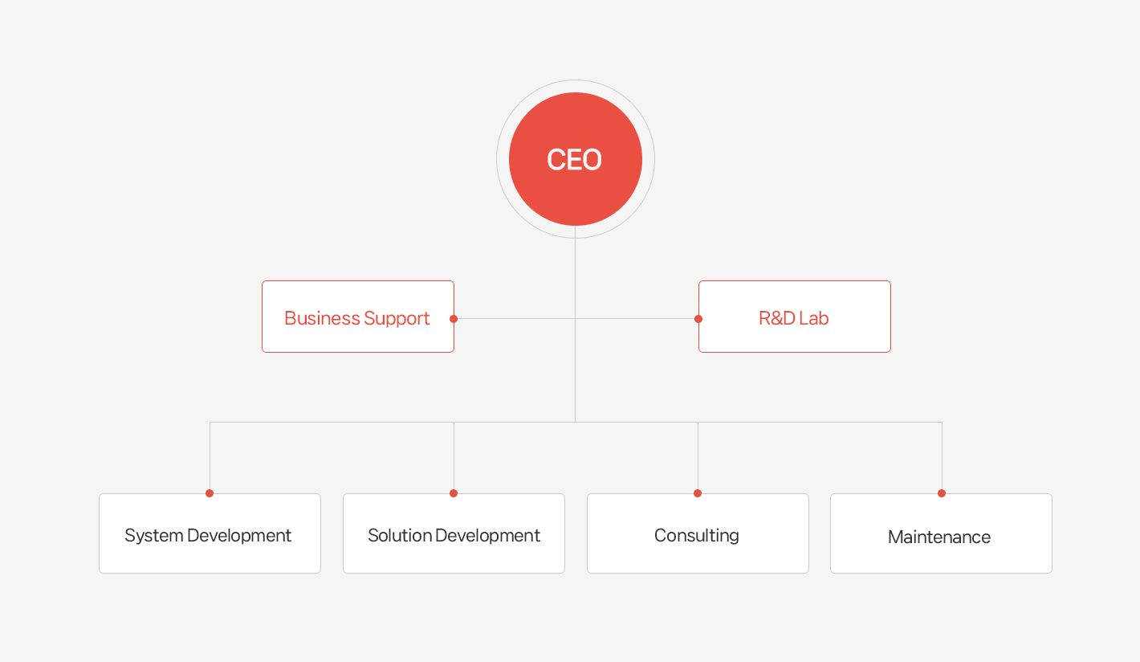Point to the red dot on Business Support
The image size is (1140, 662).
[x=454, y=319]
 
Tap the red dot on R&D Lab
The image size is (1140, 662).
[x=698, y=319]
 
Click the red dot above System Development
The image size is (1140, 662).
[x=210, y=493]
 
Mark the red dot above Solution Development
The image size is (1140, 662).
[x=454, y=493]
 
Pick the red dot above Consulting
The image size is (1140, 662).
[x=698, y=493]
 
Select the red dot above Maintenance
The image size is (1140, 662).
[x=942, y=493]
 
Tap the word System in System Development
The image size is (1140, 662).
[x=153, y=536]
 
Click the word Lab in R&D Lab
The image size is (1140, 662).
[x=813, y=318]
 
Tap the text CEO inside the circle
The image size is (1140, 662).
[x=574, y=159]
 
